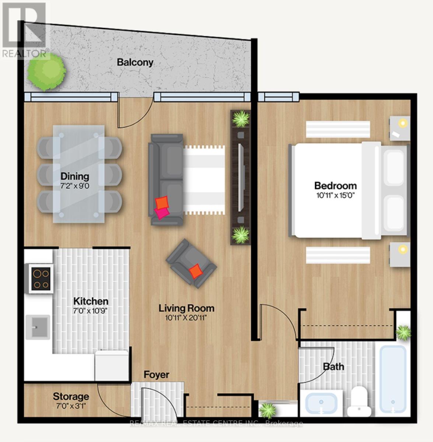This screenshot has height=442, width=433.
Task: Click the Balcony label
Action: pyautogui.click(x=135, y=62)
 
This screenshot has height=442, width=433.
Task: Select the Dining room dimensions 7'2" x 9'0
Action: pyautogui.click(x=75, y=186)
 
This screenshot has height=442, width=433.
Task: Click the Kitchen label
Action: pyautogui.click(x=90, y=301)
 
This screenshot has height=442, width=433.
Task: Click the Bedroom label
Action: pyautogui.click(x=335, y=185)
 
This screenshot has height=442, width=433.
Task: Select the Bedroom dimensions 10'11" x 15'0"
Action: pyautogui.click(x=335, y=196)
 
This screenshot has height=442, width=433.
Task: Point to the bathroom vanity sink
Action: pyautogui.click(x=321, y=404)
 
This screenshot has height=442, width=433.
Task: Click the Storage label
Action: pyautogui.click(x=71, y=396)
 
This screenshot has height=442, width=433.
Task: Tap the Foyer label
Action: pyautogui.click(x=156, y=375)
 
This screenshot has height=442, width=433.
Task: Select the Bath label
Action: pyautogui.click(x=334, y=366)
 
